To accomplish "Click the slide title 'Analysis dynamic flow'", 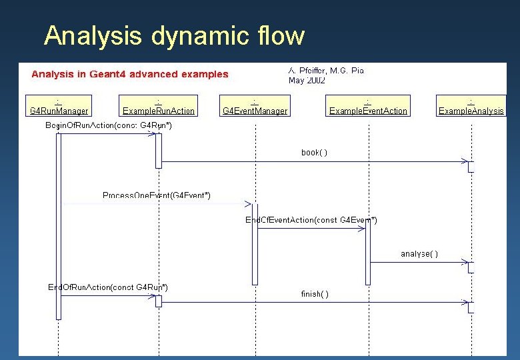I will [x=174, y=35].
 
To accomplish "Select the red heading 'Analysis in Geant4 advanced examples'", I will [x=130, y=74].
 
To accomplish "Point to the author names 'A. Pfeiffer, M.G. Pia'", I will [x=326, y=69].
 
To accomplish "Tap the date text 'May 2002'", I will [x=307, y=80].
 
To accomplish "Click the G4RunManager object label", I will [x=59, y=111].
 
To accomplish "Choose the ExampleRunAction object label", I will [x=159, y=111].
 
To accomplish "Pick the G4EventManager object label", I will [x=255, y=111].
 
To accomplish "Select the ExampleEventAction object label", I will [x=368, y=111].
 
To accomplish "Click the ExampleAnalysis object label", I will [x=471, y=111].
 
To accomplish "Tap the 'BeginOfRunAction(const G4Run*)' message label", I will [x=109, y=125].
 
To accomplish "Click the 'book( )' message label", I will [x=314, y=153].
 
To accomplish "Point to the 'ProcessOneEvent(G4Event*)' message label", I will [x=157, y=195].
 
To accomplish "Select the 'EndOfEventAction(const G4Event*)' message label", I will [x=311, y=220].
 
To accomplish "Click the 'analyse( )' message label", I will [x=419, y=253].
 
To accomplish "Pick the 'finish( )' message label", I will [x=314, y=293].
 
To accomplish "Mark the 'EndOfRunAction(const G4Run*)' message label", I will [x=108, y=287].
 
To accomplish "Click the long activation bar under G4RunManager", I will [x=59, y=227].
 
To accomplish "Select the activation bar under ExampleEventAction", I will [x=368, y=253].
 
